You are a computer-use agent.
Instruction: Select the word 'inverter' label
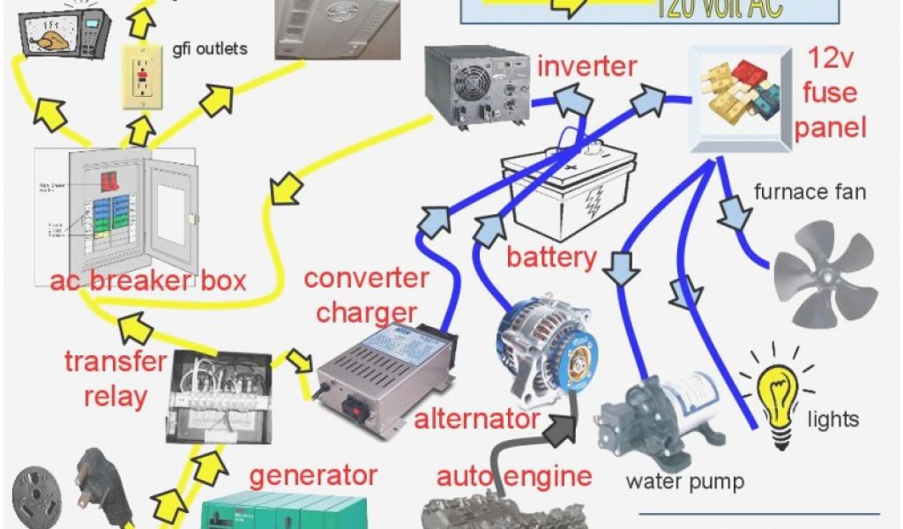[x=586, y=66]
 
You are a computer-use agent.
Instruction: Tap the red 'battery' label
[x=550, y=257]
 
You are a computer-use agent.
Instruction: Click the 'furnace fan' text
[x=810, y=191]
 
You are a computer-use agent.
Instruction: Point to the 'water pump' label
[x=684, y=481]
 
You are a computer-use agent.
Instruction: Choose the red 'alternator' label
[x=476, y=420]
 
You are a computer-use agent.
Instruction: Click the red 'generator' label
[x=312, y=476]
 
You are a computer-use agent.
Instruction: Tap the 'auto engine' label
[x=513, y=477]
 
